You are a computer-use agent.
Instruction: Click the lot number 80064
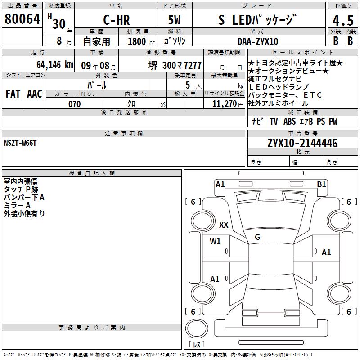tap(22, 19)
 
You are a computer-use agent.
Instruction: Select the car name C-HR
tap(117, 20)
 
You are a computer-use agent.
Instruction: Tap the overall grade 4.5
tap(343, 21)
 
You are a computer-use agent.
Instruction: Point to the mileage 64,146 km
tap(55, 65)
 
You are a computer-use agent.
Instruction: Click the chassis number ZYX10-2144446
tap(302, 143)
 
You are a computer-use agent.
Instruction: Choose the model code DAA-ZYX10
tap(258, 41)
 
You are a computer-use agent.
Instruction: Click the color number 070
tap(75, 104)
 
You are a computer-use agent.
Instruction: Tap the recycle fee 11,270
tap(225, 104)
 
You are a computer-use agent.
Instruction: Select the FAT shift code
tap(13, 94)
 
